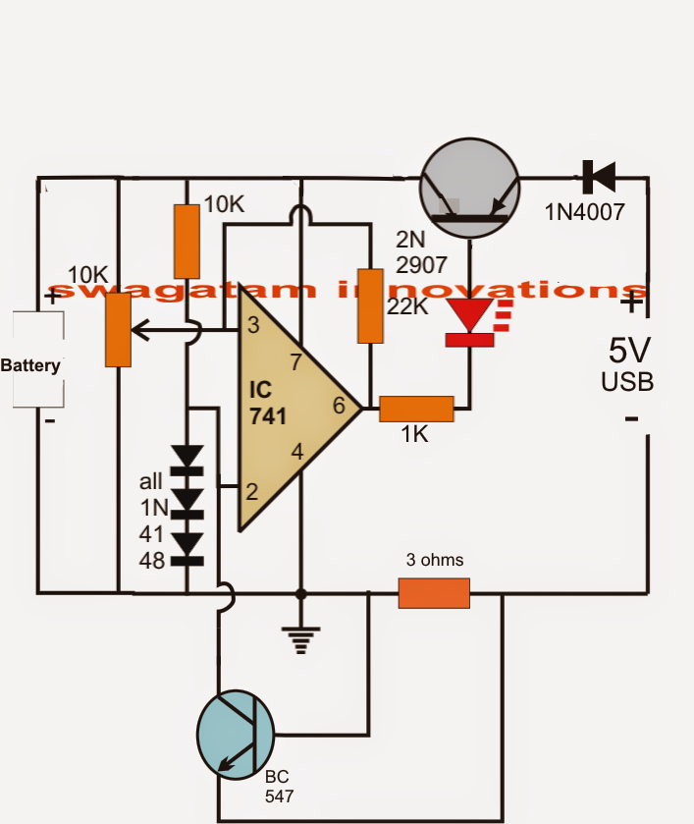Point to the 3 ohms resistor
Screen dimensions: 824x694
coord(434,593)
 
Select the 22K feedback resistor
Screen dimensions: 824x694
coord(369,305)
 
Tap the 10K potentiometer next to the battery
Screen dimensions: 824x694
coord(118,329)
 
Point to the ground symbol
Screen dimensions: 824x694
coord(301,639)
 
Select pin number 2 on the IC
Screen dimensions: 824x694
coord(251,491)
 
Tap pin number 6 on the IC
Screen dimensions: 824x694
coord(339,406)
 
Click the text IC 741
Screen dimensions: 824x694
coord(266,404)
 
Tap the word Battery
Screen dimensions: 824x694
coord(30,365)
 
